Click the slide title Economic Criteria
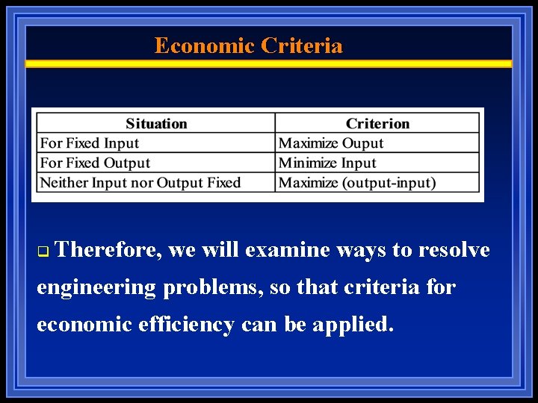click(x=248, y=46)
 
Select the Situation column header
click(x=156, y=124)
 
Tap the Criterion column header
click(x=377, y=124)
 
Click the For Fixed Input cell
click(x=90, y=143)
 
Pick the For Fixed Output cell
click(x=95, y=163)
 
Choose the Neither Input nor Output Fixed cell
click(x=140, y=182)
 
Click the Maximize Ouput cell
click(x=330, y=143)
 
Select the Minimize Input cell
click(x=327, y=163)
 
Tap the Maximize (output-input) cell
click(x=357, y=182)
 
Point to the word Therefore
click(x=108, y=250)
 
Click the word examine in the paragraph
click(x=287, y=250)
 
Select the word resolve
click(x=454, y=250)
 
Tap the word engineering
click(x=96, y=287)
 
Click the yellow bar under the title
click(x=269, y=64)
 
